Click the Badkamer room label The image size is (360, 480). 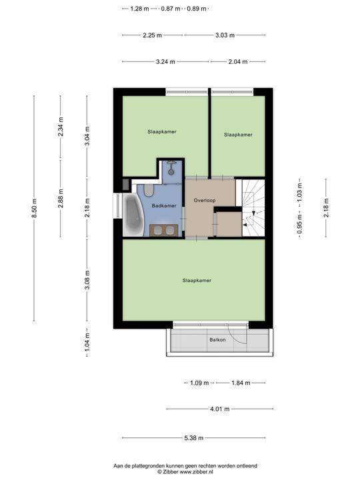(164, 206)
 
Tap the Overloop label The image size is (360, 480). (205, 201)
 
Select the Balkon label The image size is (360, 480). (217, 340)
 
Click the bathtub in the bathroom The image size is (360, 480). (133, 215)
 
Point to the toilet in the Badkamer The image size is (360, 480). (149, 190)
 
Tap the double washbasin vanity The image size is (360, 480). (164, 230)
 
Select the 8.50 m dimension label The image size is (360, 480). (34, 208)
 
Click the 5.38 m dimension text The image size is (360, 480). (194, 438)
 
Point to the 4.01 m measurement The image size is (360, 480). (220, 409)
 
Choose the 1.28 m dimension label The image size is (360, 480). (139, 9)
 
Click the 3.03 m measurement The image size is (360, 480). (225, 35)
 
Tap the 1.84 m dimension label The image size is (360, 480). (241, 383)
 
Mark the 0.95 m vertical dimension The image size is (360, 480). (300, 224)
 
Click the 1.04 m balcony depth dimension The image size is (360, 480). (87, 342)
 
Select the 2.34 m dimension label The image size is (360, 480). (61, 127)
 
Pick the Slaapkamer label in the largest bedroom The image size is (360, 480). (197, 281)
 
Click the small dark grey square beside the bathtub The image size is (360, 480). (126, 184)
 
